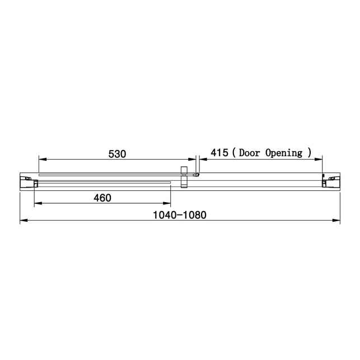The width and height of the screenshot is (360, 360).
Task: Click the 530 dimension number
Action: [117, 154]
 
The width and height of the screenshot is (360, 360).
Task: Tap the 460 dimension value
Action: [102, 198]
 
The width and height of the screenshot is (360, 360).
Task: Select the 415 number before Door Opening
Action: [219, 153]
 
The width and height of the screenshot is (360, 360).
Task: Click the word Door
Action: [249, 153]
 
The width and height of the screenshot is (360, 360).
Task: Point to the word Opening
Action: [284, 153]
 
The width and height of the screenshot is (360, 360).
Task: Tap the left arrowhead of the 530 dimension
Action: [43, 159]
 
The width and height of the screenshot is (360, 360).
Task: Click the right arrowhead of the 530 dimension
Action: [192, 159]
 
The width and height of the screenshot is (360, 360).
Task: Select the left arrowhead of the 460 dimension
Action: [38, 203]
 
